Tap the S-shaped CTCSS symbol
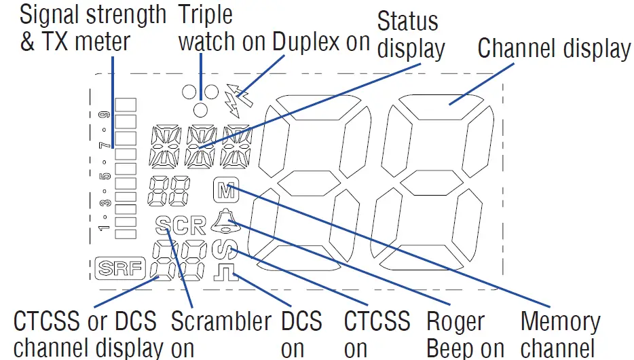coord(222,249)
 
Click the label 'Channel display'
coord(554,48)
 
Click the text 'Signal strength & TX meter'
coord(92,27)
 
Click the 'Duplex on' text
coord(321,41)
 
